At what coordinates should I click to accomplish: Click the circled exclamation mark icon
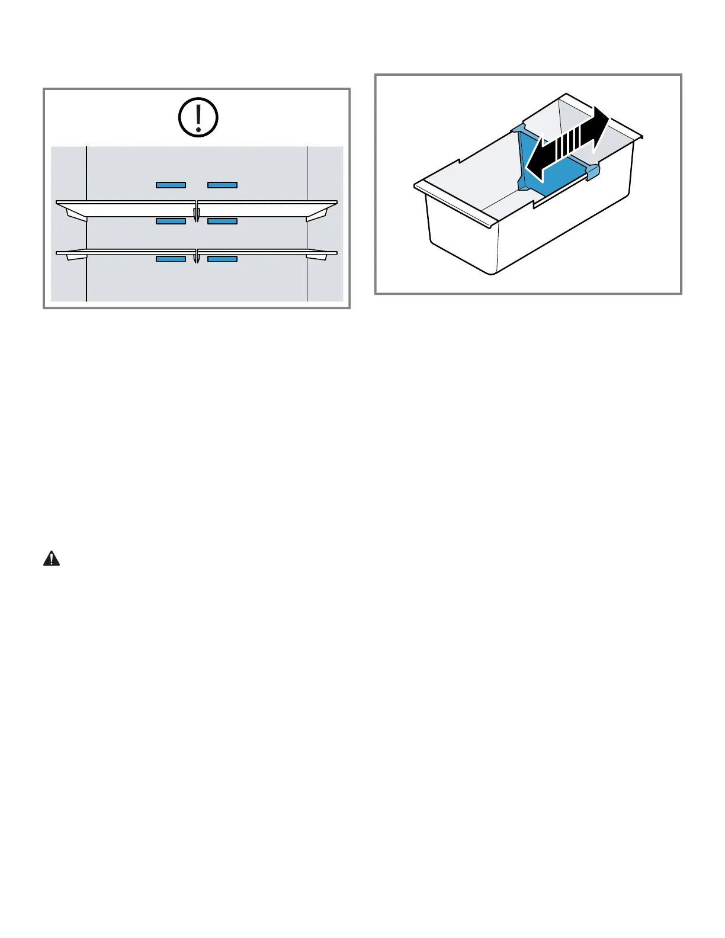(198, 117)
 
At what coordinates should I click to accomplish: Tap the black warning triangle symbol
(52, 559)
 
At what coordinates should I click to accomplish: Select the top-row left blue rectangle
(171, 185)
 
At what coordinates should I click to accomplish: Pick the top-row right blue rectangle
(222, 185)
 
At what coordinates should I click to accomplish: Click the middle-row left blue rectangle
(171, 221)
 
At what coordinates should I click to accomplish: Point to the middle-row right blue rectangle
(222, 221)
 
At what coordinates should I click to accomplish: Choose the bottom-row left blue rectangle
(171, 259)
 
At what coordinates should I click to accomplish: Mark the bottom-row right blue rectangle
(222, 259)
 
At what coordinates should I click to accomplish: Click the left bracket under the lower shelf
(76, 257)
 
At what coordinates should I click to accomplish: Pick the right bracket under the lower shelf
(317, 257)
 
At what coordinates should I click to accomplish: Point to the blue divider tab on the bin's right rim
(593, 171)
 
